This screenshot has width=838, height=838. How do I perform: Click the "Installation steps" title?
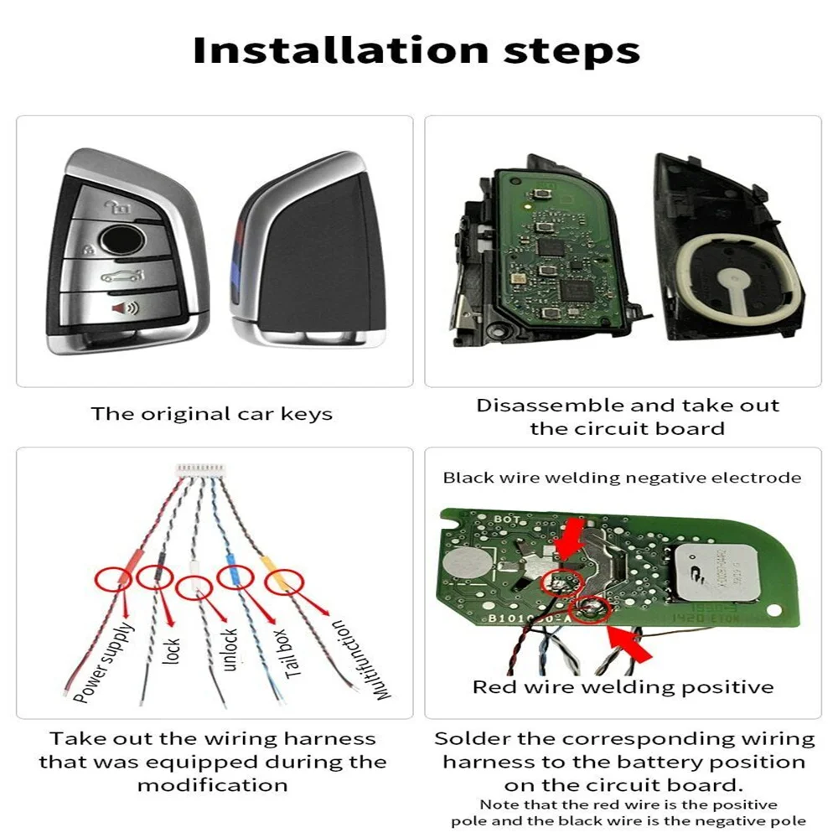pos(416,51)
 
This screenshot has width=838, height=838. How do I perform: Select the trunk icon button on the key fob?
pos(122,276)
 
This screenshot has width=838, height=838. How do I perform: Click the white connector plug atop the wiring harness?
pos(201,469)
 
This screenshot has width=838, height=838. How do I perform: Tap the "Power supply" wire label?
pos(103,663)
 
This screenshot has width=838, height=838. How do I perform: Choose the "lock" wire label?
pos(171,651)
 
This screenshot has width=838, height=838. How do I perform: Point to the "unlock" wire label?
pos(229,649)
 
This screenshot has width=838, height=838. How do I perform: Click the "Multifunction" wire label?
pos(360,660)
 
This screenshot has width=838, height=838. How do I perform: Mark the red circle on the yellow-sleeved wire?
pos(284,582)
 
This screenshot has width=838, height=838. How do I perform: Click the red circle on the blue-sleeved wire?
pos(235,577)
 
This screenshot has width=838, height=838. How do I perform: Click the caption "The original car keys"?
pos(212,414)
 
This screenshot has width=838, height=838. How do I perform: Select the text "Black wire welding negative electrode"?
pos(622,478)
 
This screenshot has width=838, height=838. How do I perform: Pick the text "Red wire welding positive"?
pos(623,687)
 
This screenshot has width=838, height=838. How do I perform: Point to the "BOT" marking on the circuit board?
pos(507,519)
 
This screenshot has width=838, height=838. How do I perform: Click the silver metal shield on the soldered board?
pos(717,573)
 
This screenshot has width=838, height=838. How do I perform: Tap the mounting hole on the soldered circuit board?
pos(773,610)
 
